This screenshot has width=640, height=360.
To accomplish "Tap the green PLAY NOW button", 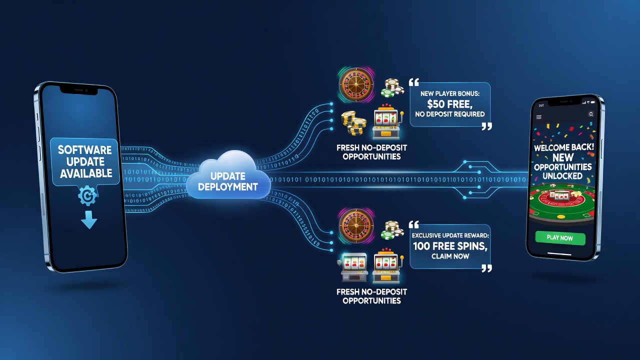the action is (560, 238).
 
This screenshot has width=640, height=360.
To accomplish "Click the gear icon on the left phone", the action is (87, 195).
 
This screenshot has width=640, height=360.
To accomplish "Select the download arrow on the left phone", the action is (89, 219).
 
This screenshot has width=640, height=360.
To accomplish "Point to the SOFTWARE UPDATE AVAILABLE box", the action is (85, 161).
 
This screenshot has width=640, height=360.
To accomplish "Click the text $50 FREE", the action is (449, 103).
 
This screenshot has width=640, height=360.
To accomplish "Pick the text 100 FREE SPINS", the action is (450, 246).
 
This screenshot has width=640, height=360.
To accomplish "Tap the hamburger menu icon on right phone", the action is (539, 117).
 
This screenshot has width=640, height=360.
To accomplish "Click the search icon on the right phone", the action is (591, 114).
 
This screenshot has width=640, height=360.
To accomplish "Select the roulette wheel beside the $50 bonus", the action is (356, 85).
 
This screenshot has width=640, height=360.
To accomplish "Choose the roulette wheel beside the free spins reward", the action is (356, 225).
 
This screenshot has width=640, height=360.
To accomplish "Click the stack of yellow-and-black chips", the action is (353, 123).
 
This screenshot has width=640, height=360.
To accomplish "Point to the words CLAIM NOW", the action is (450, 256).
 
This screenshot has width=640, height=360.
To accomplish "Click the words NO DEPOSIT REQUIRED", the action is (449, 114).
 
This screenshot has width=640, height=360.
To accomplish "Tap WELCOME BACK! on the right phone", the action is (563, 147).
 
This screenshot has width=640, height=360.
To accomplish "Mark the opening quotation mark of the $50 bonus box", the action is (414, 82).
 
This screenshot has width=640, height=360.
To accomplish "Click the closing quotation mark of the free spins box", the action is (486, 268).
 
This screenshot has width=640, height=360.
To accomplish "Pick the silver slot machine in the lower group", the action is (354, 267).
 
